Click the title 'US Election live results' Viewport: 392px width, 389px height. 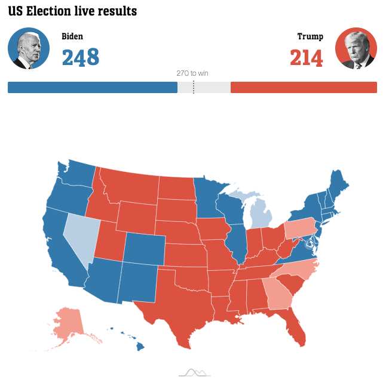tap(72, 11)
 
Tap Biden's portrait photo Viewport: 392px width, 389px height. tap(29, 48)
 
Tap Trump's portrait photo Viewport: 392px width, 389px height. tap(356, 48)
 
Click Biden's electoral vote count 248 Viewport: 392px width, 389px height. tap(81, 57)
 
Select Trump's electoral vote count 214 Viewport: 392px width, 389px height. tap(306, 58)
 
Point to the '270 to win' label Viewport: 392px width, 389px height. tap(192, 73)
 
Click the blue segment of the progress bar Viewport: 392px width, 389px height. tap(93, 88)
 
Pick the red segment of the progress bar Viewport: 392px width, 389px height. tap(304, 88)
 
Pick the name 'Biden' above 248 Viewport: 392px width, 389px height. tap(72, 36)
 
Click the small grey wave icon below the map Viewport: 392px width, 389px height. tap(195, 373)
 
